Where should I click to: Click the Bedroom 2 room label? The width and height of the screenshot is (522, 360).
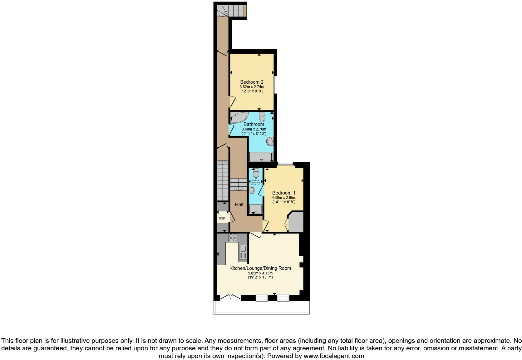[x=252, y=82]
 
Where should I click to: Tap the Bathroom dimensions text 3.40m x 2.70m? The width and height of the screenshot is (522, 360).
[x=254, y=129]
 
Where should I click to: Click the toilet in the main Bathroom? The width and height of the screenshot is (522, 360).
[x=262, y=117]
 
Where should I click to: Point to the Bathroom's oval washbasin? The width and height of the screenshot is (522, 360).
[x=270, y=141]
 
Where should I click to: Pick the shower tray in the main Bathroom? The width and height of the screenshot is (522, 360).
[x=261, y=156]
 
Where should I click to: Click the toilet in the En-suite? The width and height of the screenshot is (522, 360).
[x=256, y=173]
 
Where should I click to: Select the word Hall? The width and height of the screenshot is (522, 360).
[x=239, y=205]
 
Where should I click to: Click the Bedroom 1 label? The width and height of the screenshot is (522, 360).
[x=283, y=193]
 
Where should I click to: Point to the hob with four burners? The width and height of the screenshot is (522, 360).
[x=233, y=238]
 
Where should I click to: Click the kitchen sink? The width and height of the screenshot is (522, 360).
[x=243, y=252]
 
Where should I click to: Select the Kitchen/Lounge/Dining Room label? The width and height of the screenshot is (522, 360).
[x=260, y=268]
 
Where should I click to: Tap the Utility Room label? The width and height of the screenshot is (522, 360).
[x=221, y=218]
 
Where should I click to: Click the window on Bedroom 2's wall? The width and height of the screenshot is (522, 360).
[x=275, y=85]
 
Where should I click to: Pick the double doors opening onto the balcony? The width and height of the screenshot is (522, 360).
[x=230, y=298]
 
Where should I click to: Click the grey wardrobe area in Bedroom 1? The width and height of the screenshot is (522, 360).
[x=296, y=222]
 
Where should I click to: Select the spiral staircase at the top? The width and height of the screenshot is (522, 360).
[x=229, y=10]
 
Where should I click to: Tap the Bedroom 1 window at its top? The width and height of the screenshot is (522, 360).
[x=285, y=163]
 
